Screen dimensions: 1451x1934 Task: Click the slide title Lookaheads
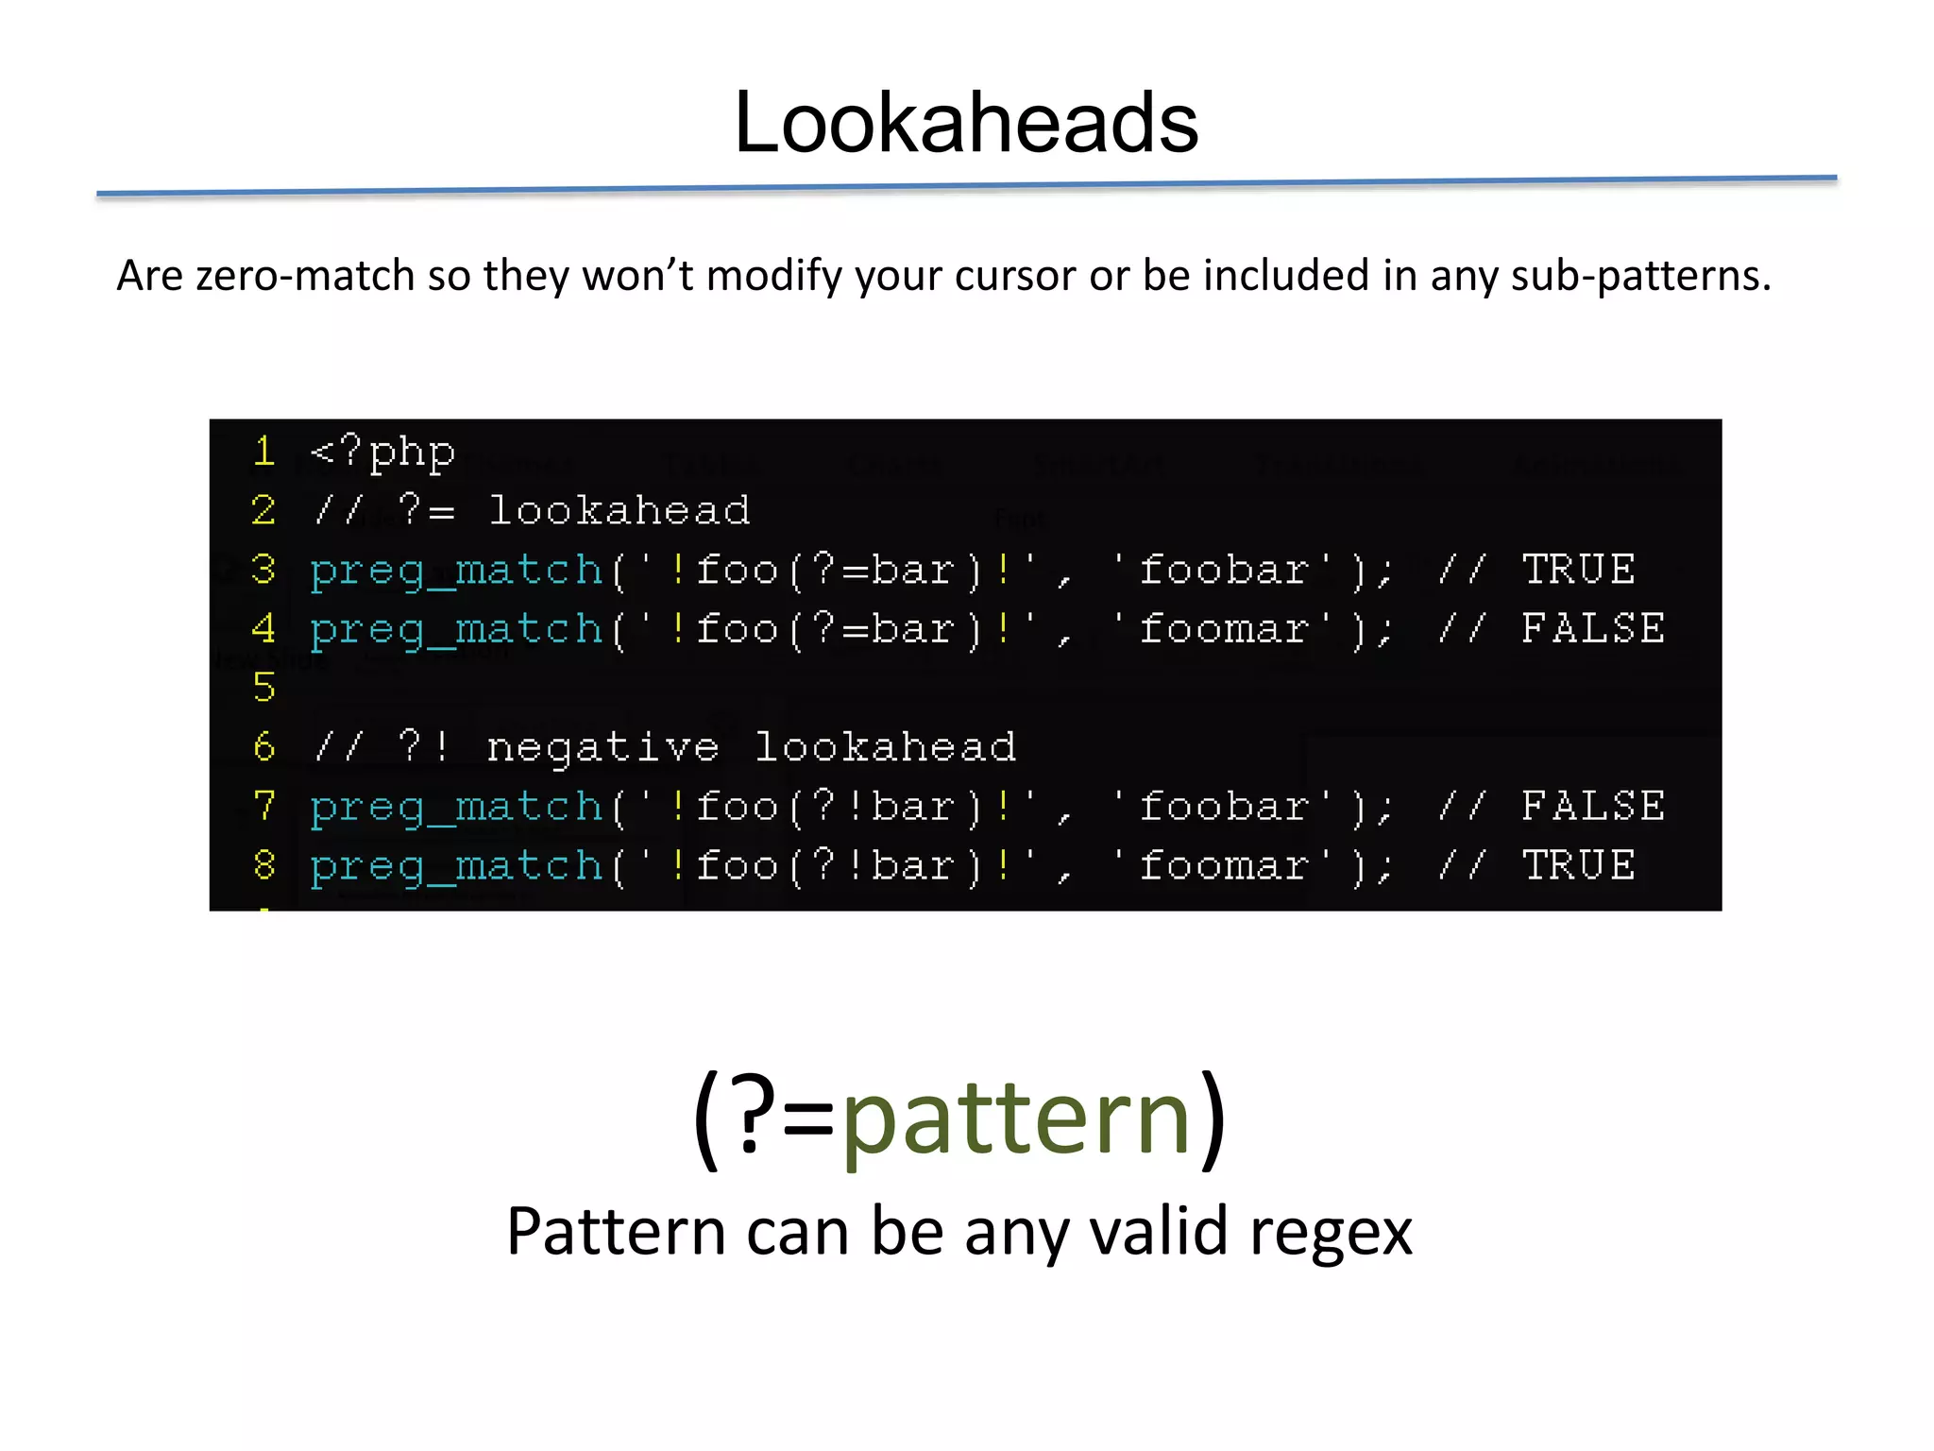click(966, 123)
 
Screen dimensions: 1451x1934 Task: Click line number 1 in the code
click(264, 452)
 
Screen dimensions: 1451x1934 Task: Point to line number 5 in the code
click(264, 688)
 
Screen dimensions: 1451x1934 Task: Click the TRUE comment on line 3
click(1578, 570)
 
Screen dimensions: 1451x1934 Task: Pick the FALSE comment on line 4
click(1592, 629)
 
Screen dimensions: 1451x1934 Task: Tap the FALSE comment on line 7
click(1592, 807)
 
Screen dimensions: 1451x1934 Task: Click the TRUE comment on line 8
click(1578, 865)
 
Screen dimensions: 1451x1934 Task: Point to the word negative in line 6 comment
click(602, 748)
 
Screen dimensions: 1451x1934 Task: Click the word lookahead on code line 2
click(619, 511)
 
